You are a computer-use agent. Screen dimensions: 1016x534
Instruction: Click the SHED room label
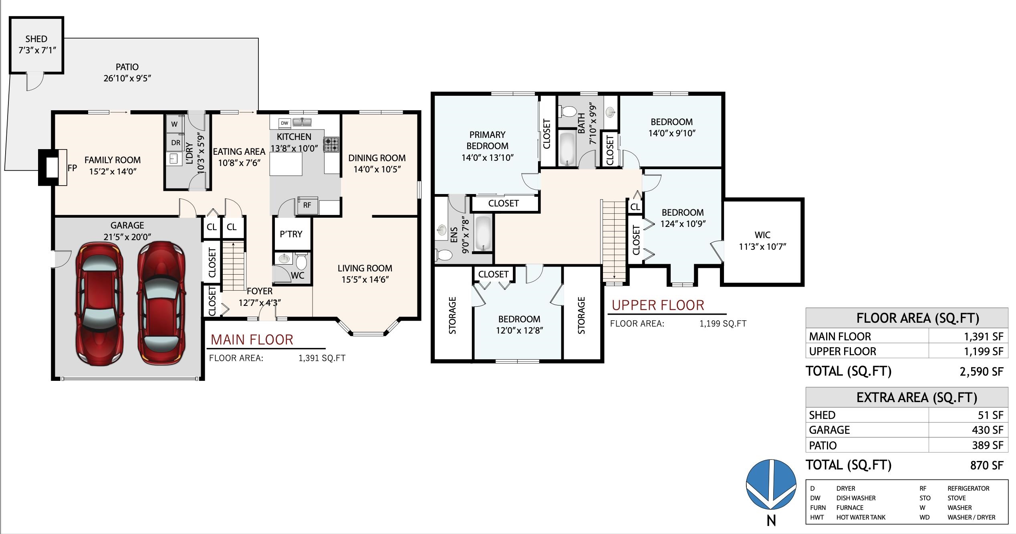pos(36,39)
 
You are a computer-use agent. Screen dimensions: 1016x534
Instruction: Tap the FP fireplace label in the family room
pos(72,168)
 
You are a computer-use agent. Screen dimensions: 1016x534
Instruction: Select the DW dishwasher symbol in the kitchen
pos(284,123)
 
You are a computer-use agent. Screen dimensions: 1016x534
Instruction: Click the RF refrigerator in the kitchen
pos(307,205)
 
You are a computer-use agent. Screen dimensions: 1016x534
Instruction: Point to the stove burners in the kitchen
pos(331,145)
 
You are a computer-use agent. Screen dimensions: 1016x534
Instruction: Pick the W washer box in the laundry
pos(175,124)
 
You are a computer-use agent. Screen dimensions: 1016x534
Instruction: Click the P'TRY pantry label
pos(291,234)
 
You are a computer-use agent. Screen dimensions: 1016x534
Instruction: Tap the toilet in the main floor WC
pos(301,261)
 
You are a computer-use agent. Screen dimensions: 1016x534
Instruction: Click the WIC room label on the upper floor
pos(762,235)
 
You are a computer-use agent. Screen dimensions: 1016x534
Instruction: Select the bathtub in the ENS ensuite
pos(483,233)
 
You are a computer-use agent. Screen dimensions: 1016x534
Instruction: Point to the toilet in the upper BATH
pos(568,111)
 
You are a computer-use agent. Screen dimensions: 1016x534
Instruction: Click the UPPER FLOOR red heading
pos(658,305)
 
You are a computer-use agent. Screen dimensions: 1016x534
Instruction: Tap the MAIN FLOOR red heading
pos(252,340)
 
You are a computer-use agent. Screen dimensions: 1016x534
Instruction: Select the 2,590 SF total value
pos(982,372)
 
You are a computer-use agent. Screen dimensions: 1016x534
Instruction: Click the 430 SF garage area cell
pos(988,430)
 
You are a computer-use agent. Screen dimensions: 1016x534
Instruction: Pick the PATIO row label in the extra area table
pos(823,445)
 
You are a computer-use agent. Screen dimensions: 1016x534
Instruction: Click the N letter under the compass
pos(771,521)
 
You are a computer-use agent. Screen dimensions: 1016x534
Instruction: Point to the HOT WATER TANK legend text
pos(861,517)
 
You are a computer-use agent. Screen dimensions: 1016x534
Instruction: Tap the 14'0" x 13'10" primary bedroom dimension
pos(488,158)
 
